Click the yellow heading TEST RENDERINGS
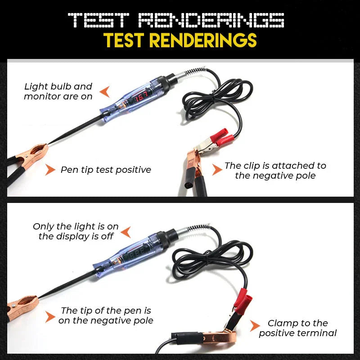tap(180, 40)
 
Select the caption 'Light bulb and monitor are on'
tap(58, 91)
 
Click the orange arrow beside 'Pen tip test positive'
tap(50, 170)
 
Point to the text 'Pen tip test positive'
tap(106, 170)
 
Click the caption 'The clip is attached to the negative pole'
tap(275, 171)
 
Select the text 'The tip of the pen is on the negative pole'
tap(106, 315)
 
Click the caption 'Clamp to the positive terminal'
tap(298, 328)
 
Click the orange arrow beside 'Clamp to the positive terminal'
tap(255, 326)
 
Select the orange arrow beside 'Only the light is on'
tap(126, 232)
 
